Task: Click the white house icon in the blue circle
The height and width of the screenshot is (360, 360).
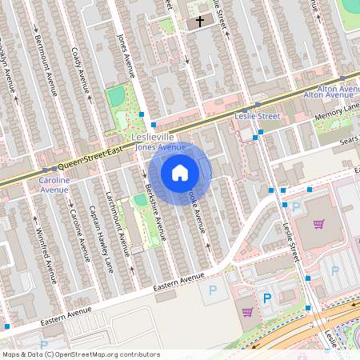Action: tap(180, 173)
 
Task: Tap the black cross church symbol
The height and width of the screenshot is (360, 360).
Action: tap(199, 23)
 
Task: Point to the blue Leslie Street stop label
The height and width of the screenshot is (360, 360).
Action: tap(257, 116)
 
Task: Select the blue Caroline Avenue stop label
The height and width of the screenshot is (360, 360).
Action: tap(54, 186)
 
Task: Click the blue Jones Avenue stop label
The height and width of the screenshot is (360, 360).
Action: tap(154, 147)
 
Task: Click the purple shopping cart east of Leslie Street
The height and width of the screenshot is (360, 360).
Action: tap(319, 224)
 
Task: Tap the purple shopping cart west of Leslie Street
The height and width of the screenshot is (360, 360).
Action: tap(247, 312)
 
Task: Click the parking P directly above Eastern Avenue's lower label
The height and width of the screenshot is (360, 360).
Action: tap(212, 290)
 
